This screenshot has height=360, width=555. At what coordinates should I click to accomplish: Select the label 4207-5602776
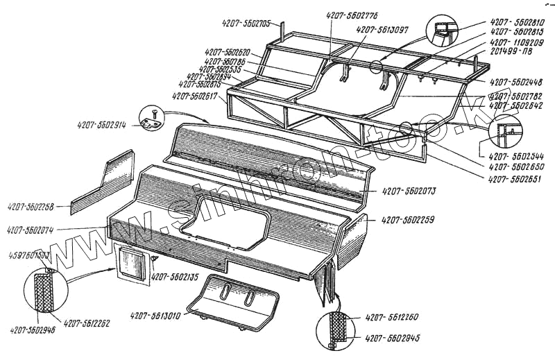coord(349,15)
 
